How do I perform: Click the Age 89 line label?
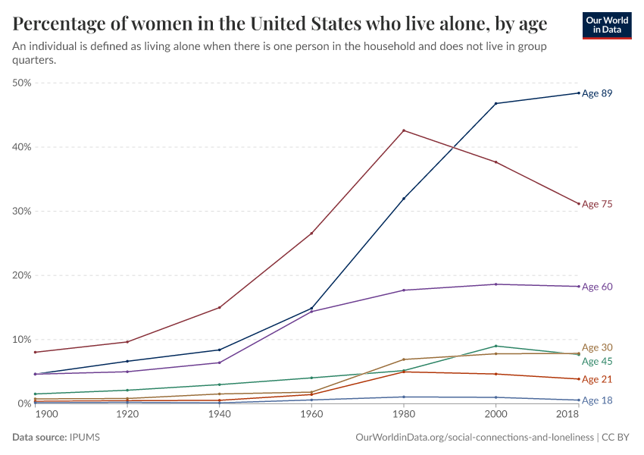point(597,93)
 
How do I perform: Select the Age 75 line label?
point(597,204)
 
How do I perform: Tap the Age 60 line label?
point(597,287)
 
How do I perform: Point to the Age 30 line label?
point(597,347)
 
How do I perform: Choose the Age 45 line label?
point(597,361)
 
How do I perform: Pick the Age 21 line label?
point(597,379)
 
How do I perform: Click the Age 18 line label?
point(597,400)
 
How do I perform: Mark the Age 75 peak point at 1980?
point(404,130)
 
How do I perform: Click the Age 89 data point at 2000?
point(496,103)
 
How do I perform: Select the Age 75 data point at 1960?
point(311,233)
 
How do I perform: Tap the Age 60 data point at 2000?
point(496,284)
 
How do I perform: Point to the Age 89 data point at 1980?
point(404,199)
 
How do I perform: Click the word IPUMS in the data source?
point(85,438)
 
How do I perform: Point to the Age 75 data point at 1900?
point(36,352)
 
